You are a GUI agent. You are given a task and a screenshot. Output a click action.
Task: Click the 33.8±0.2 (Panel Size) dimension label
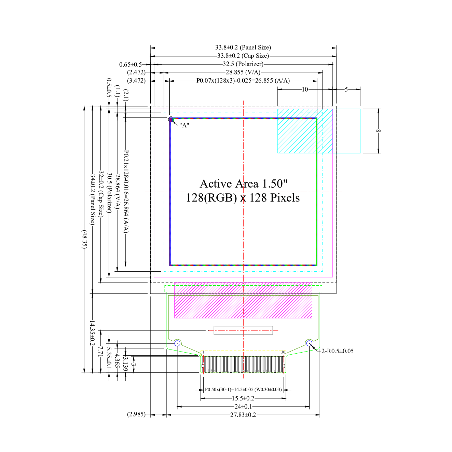coord(243,47)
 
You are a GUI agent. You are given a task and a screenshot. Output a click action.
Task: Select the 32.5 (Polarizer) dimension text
coord(243,64)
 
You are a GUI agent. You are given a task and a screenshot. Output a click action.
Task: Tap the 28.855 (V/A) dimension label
coord(243,72)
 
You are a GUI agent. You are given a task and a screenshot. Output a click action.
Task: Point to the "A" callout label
coord(184,125)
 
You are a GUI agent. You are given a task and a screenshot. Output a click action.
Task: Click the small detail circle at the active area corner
coord(171,119)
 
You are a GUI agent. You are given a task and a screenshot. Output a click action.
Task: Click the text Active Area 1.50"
coord(244,184)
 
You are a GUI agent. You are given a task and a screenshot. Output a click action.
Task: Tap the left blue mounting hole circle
coord(177,343)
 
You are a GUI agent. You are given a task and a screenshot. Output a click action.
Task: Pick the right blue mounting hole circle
coord(310,343)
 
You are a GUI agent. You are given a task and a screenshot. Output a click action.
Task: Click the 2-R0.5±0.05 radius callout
coord(337,351)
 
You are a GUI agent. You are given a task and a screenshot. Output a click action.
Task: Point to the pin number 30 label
coord(283,352)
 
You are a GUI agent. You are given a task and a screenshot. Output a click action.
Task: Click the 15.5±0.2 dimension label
coord(243,398)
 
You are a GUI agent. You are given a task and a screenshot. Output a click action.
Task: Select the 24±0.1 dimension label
coord(243,407)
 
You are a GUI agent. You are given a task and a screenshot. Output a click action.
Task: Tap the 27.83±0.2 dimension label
coord(243,415)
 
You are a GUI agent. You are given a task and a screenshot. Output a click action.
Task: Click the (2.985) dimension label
coord(136,414)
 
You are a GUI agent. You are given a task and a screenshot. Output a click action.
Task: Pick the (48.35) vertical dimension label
coord(84,239)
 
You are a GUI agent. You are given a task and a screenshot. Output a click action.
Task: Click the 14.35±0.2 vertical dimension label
coord(92,333)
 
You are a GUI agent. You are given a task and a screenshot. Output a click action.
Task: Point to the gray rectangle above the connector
coord(243,330)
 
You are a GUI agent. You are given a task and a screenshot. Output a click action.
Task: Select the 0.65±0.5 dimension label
coord(131,65)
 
